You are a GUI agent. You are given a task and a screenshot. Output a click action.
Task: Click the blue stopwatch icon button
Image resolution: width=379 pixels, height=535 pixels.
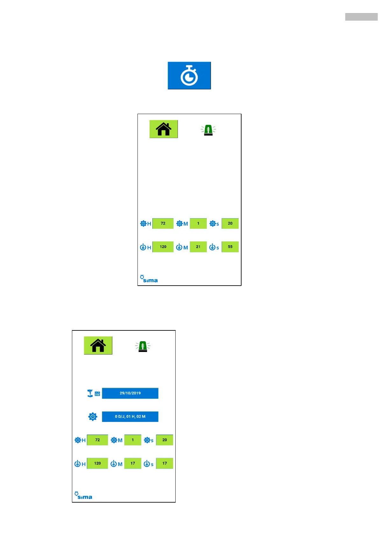point(189,75)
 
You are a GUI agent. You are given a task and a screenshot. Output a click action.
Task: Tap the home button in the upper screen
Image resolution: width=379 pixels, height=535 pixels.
point(164,129)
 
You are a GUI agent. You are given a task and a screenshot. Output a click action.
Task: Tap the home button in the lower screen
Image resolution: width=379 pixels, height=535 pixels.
point(98,345)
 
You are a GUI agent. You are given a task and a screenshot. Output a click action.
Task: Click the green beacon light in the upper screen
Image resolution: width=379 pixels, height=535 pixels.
point(208,130)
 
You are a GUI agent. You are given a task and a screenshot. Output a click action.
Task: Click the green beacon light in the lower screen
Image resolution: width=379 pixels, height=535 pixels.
point(143,346)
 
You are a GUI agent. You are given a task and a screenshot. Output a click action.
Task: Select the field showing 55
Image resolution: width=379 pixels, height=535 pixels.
point(230,247)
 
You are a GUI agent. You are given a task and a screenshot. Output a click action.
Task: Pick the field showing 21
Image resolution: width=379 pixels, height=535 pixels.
point(198,247)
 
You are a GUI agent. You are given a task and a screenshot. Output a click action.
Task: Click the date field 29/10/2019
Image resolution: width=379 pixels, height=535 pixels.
point(130,393)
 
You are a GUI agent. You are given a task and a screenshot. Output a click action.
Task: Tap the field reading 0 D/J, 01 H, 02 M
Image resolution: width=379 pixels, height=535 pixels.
point(130,416)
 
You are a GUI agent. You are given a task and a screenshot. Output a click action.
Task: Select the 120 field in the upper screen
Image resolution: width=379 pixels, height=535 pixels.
point(163,247)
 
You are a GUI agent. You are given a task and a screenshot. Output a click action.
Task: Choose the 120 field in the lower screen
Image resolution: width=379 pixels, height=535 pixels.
point(97,464)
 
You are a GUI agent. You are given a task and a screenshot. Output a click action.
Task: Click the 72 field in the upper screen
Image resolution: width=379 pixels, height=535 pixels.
point(163,224)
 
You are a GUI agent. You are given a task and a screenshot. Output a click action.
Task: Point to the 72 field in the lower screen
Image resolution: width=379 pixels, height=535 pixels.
point(97,440)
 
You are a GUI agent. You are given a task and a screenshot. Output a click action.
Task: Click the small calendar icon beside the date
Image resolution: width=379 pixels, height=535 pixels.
point(97,394)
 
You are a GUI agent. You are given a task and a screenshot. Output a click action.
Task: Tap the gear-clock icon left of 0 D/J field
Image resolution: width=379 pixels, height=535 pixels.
point(93,416)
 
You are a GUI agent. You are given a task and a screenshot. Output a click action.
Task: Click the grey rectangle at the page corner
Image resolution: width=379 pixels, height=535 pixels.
point(361,17)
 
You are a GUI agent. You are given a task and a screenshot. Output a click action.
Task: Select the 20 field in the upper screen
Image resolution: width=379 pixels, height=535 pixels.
point(230,224)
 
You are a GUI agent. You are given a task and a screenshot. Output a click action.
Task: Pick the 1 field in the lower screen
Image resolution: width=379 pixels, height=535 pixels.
point(133,440)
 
